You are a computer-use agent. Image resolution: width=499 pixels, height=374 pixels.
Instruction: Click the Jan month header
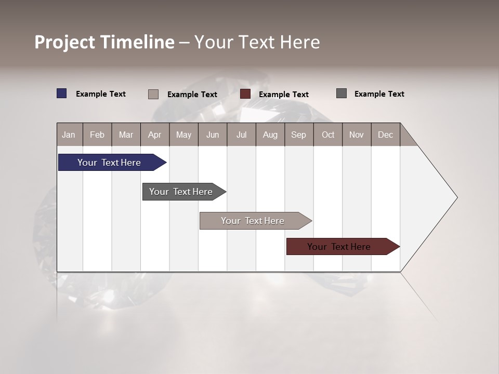click(x=69, y=135)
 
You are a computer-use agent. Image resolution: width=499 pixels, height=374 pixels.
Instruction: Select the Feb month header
click(x=97, y=135)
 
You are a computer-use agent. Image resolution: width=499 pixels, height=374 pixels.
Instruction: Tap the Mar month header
click(x=126, y=135)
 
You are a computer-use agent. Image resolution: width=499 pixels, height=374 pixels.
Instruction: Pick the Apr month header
click(x=155, y=135)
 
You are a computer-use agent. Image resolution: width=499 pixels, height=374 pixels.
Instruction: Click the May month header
click(x=183, y=135)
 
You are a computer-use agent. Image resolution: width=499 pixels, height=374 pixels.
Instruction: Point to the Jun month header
click(x=213, y=135)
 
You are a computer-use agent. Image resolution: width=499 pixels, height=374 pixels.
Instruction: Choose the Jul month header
click(x=241, y=135)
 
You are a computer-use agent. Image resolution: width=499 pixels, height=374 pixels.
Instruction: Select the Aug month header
click(x=270, y=135)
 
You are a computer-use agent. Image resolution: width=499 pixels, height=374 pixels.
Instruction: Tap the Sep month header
click(x=299, y=135)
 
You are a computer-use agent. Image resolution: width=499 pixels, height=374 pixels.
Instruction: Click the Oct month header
click(x=328, y=135)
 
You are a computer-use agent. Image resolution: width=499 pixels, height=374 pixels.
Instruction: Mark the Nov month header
click(x=357, y=135)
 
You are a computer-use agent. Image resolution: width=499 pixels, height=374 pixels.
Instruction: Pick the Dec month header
click(x=386, y=135)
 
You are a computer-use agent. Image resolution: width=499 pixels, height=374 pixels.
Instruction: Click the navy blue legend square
click(x=62, y=94)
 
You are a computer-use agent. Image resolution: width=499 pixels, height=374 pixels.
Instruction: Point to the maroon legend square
click(x=245, y=94)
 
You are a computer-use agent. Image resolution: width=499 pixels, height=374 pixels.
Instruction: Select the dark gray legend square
click(x=342, y=94)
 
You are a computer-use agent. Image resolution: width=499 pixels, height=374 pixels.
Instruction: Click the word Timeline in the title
click(x=137, y=42)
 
